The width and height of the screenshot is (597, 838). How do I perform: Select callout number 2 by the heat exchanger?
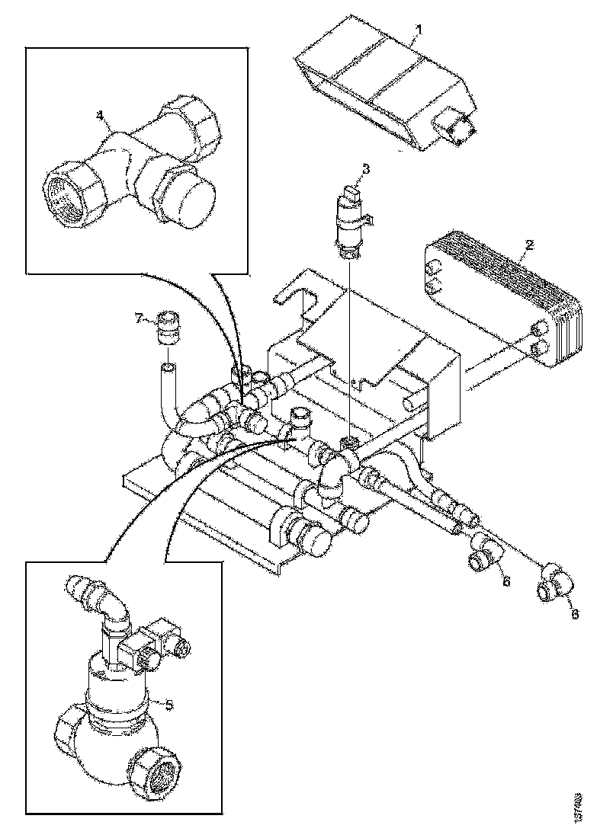tap(529, 246)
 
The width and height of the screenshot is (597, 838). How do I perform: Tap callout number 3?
tap(365, 169)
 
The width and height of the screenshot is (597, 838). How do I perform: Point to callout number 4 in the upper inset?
tap(99, 114)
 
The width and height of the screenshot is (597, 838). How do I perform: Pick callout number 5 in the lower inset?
tap(170, 703)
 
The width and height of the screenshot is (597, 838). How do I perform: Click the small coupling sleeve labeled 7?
tap(168, 328)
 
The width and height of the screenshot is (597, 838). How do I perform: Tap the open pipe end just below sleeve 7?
tap(168, 371)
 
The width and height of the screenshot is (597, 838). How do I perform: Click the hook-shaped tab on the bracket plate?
tap(293, 297)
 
